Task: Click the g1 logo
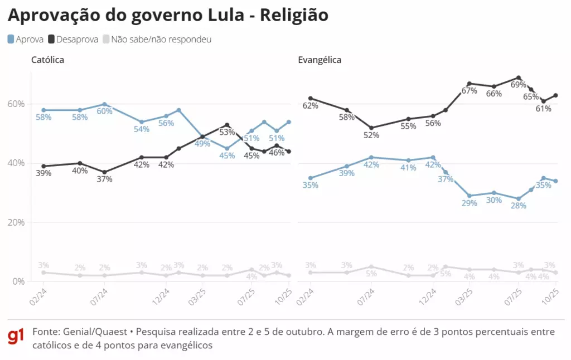(x=16, y=337)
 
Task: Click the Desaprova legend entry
(x=73, y=40)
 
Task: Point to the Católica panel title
(x=47, y=60)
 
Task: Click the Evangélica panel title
(x=320, y=60)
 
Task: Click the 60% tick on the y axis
(x=16, y=104)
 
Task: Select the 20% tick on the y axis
(x=16, y=222)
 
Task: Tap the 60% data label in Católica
(x=105, y=111)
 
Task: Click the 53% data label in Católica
(x=227, y=132)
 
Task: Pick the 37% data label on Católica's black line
(x=105, y=179)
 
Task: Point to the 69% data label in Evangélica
(x=519, y=85)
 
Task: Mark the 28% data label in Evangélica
(x=519, y=206)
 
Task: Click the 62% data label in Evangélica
(x=311, y=105)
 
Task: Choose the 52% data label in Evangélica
(x=371, y=135)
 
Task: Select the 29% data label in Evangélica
(x=470, y=203)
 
